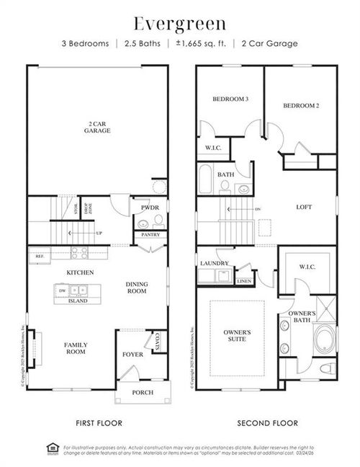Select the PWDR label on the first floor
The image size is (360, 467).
point(149,208)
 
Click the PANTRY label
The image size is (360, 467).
point(150,235)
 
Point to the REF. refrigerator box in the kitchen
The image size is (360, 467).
point(39,255)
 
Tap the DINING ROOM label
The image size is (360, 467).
point(136,288)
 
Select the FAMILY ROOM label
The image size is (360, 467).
point(76,348)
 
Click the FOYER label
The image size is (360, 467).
point(132,355)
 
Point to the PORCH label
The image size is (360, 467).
point(143,393)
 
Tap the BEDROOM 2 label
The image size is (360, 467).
point(300,105)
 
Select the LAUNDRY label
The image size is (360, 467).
point(215,264)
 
